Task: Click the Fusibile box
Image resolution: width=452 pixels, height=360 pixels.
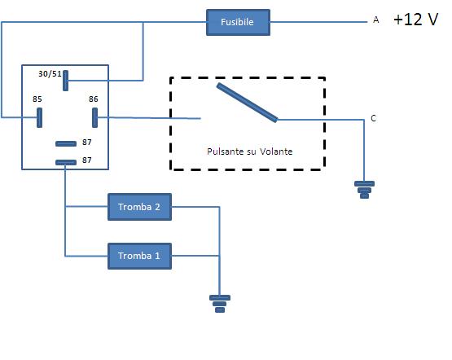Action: [237, 23]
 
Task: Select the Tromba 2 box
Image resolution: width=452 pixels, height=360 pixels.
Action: [139, 207]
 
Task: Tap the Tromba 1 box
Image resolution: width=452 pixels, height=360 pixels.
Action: [139, 256]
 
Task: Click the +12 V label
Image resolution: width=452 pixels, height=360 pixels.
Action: [416, 20]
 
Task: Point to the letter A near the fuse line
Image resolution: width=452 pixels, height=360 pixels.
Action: [375, 21]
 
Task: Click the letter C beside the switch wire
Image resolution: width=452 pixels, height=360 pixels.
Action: [373, 119]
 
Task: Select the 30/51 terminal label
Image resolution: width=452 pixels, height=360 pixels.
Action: [50, 74]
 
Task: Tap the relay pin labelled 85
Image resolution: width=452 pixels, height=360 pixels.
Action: [38, 117]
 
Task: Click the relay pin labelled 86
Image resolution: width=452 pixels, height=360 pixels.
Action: [95, 117]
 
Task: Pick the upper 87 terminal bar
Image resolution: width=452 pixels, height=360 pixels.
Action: [66, 144]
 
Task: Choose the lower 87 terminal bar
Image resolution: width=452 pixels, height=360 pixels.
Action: [66, 161]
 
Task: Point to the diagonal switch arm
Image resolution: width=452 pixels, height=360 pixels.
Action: [247, 102]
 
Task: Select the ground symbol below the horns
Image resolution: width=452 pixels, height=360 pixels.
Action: [220, 303]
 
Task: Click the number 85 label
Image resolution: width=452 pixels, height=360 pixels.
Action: [37, 99]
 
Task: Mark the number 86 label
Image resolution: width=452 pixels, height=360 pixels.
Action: [94, 99]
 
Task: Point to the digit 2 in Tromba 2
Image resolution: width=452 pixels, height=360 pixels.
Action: [157, 207]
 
